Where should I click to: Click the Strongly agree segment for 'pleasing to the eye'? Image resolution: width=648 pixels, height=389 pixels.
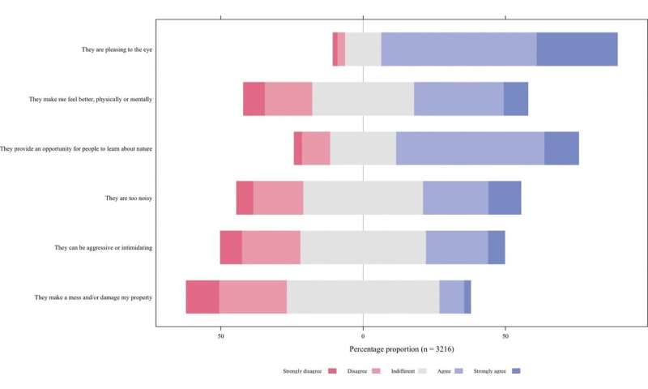pyautogui.click(x=577, y=49)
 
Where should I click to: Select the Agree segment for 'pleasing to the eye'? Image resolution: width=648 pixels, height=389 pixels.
pyautogui.click(x=458, y=49)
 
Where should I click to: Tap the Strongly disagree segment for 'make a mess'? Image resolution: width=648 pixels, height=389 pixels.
pyautogui.click(x=202, y=297)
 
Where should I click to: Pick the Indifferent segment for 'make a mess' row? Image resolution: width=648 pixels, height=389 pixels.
pyautogui.click(x=363, y=297)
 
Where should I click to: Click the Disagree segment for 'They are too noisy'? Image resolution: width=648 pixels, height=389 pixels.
pyautogui.click(x=278, y=198)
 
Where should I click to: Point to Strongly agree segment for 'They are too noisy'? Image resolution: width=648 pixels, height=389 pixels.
pyautogui.click(x=505, y=198)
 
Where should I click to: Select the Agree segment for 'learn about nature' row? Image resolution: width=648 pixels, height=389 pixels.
pyautogui.click(x=470, y=148)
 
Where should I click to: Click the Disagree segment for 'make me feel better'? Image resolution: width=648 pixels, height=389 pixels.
pyautogui.click(x=288, y=99)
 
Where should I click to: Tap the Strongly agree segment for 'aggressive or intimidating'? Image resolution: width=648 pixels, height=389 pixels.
pyautogui.click(x=497, y=247)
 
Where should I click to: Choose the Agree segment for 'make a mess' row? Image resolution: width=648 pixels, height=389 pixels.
pyautogui.click(x=451, y=297)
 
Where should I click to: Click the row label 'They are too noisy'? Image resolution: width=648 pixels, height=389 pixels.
pyautogui.click(x=129, y=198)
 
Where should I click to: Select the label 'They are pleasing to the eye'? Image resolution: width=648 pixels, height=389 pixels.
pyautogui.click(x=117, y=49)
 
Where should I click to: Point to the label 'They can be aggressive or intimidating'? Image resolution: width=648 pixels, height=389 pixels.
pyautogui.click(x=104, y=247)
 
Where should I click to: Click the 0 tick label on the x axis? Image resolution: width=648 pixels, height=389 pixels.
pyautogui.click(x=363, y=336)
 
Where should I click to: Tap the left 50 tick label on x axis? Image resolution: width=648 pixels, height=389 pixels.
pyautogui.click(x=220, y=336)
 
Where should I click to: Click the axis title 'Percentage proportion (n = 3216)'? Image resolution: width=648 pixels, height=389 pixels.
pyautogui.click(x=401, y=348)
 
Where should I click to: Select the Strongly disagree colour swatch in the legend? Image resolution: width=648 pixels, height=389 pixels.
pyautogui.click(x=332, y=371)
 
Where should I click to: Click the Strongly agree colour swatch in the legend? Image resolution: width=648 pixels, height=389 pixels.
pyautogui.click(x=516, y=371)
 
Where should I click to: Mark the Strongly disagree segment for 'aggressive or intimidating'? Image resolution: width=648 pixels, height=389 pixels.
pyautogui.click(x=231, y=247)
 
